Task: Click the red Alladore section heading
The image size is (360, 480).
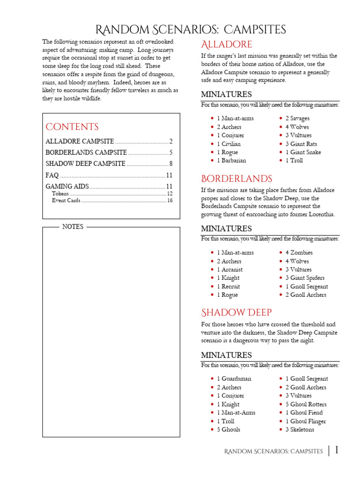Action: coord(226,45)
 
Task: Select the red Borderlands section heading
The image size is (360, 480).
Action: coord(236,179)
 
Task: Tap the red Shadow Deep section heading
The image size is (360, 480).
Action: coord(236,312)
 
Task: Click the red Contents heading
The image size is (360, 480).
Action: coord(72,127)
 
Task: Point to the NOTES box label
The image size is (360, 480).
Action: coord(73,226)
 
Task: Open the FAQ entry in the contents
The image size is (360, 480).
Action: coord(52,175)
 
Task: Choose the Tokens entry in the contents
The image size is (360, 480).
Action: coord(60,193)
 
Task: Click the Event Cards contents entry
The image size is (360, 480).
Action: coord(66,200)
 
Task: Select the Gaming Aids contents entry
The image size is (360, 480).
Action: coord(65,187)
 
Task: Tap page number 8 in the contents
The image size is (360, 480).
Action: coord(172,164)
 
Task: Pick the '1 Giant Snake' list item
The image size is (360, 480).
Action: coord(303,152)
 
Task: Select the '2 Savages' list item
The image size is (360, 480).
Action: coord(297,119)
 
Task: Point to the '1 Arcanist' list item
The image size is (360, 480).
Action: coord(230,270)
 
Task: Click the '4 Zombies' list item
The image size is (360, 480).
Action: coord(299,253)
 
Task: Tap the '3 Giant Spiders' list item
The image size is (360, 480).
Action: coord(305,278)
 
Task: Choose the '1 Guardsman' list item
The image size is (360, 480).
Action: coord(233,379)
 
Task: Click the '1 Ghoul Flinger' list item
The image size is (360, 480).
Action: coord(306,421)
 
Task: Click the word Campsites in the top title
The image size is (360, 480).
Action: coord(255,30)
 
